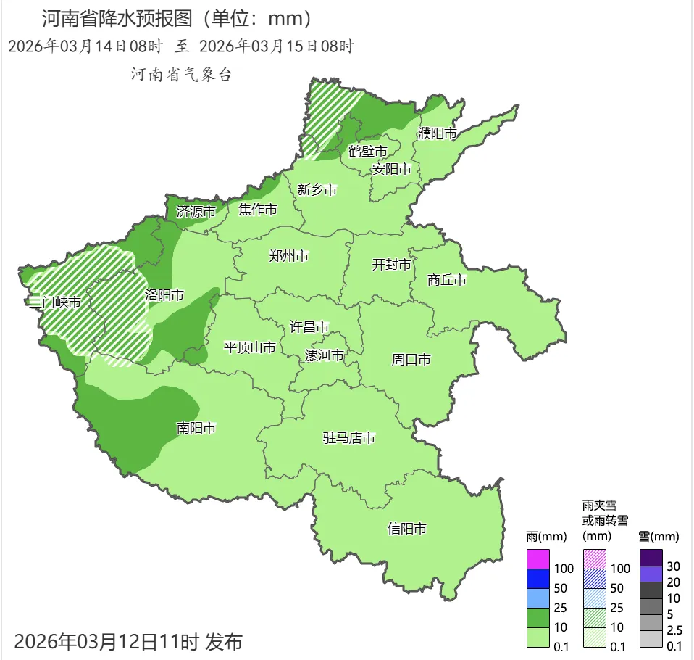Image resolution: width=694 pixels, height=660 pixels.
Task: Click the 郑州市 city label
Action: tap(288, 256)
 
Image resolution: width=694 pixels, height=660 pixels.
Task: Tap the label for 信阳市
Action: tap(407, 529)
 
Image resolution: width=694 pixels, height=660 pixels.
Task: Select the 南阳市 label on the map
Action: tap(196, 428)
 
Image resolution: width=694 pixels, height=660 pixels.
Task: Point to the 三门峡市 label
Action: tap(52, 302)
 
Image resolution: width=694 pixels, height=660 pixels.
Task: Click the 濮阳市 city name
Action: tap(437, 134)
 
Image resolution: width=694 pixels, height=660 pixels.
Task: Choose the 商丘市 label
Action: tap(447, 280)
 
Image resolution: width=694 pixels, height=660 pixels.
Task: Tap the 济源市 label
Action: tap(196, 212)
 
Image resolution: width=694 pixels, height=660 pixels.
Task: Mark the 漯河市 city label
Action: tap(324, 356)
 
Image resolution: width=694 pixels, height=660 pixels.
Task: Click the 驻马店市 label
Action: tap(349, 438)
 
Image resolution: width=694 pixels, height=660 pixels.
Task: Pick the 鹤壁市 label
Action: tap(368, 152)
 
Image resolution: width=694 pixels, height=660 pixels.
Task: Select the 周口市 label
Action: tap(411, 359)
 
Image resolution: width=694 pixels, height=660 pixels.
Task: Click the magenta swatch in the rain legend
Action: tap(539, 559)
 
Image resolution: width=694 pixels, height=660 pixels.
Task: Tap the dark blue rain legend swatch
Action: tap(539, 579)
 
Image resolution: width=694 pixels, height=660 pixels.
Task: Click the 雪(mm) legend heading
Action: tap(659, 537)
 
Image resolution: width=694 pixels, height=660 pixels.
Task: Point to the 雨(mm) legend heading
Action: tap(545, 537)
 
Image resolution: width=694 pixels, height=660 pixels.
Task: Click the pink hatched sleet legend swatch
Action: tap(595, 559)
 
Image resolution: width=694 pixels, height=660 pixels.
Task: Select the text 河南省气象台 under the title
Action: tap(181, 74)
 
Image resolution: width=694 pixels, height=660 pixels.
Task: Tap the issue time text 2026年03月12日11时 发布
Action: tap(128, 641)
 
